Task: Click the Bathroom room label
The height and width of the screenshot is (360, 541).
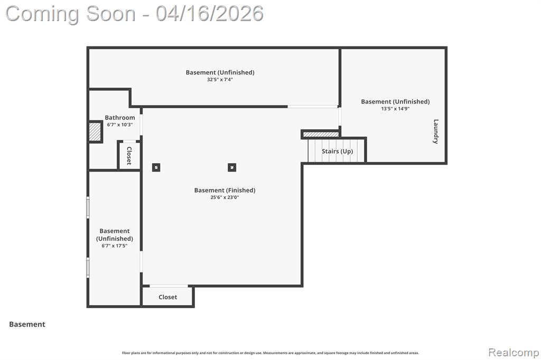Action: (x=120, y=118)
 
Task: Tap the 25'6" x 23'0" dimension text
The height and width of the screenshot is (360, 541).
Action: (x=225, y=197)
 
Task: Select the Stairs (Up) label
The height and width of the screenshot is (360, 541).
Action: (x=337, y=151)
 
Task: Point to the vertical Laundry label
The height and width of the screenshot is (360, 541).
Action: (x=436, y=131)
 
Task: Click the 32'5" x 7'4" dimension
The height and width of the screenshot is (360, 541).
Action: (x=220, y=79)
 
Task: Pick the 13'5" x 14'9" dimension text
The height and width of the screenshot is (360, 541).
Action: (x=395, y=109)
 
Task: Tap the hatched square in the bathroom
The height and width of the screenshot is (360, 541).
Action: (x=95, y=132)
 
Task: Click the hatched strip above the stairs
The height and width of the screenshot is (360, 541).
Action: (x=321, y=134)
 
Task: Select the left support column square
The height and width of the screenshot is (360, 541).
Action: (x=156, y=167)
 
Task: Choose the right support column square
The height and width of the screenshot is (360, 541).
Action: (x=232, y=167)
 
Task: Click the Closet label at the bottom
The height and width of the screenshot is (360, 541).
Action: (x=167, y=297)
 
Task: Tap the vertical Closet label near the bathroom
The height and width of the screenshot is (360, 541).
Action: (x=129, y=156)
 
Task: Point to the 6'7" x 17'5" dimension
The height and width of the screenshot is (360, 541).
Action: (x=114, y=246)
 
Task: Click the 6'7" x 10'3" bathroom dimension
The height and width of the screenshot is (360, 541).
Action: (x=120, y=125)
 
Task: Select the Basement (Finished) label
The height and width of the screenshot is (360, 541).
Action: (x=225, y=191)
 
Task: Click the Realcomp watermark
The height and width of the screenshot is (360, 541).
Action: (x=514, y=353)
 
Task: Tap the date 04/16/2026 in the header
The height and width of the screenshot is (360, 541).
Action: (x=209, y=14)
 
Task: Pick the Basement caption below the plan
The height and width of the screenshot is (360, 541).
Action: (x=27, y=324)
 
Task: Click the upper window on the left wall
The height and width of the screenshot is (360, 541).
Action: (x=88, y=207)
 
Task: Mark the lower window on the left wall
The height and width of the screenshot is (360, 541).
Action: (x=88, y=268)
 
